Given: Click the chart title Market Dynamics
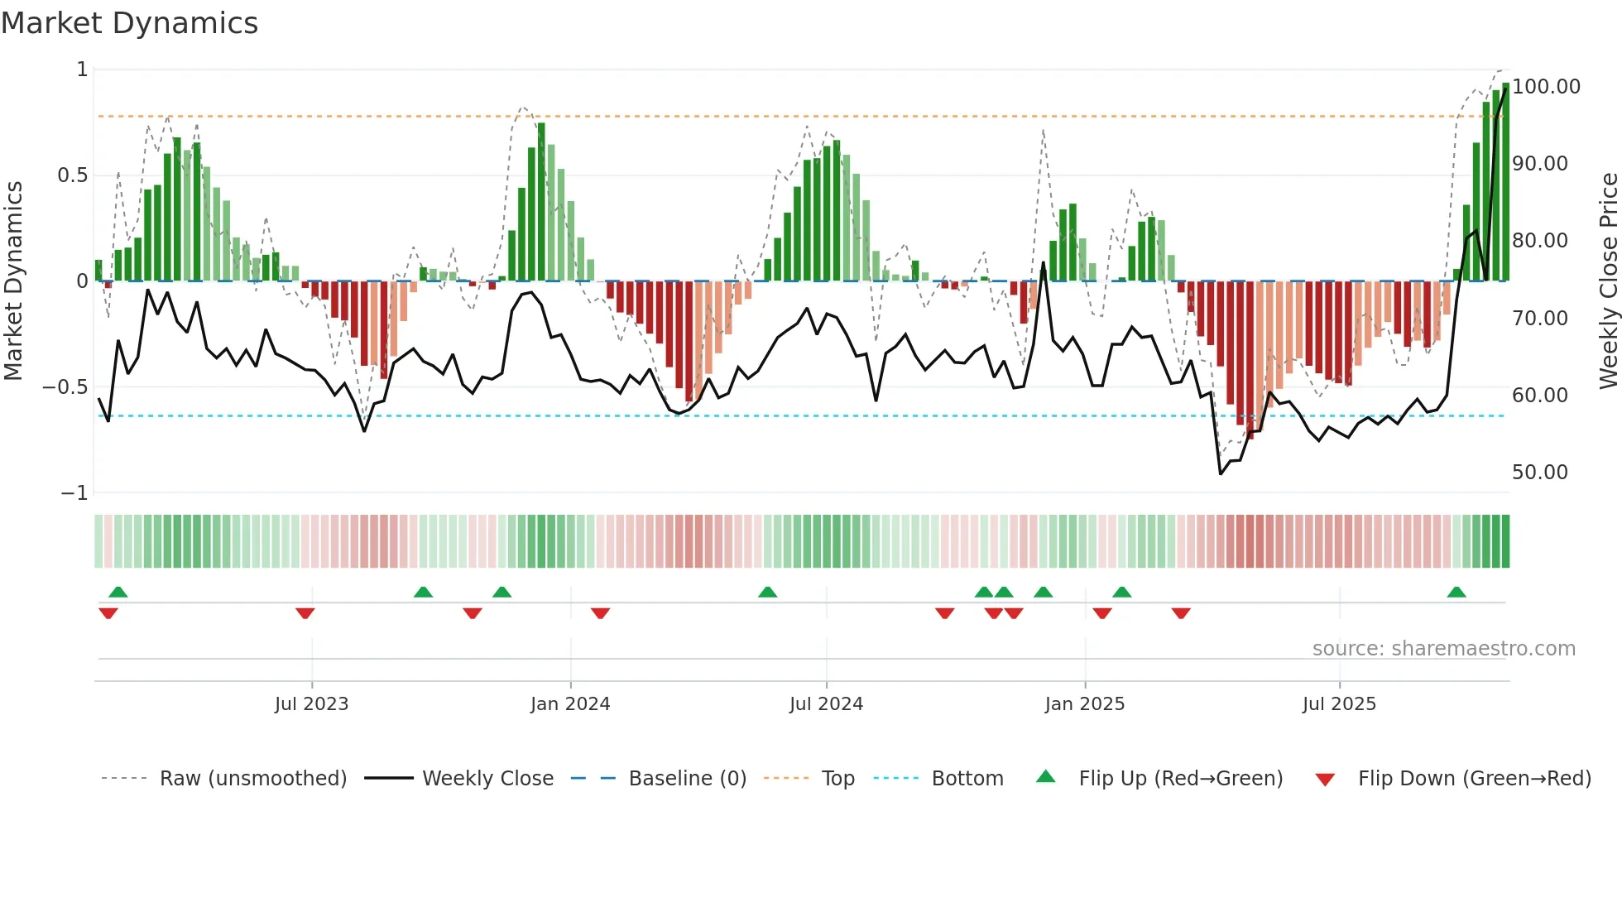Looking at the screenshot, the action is click(130, 23).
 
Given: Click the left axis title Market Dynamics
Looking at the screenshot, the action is click(13, 281).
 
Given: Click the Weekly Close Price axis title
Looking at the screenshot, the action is click(1607, 281).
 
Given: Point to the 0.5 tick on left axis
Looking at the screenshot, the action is click(73, 175).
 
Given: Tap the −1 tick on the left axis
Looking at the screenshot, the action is click(74, 493).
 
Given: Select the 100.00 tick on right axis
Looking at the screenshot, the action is click(1546, 87).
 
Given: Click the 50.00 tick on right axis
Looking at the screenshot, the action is click(1539, 473).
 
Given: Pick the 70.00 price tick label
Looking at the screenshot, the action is click(1539, 319).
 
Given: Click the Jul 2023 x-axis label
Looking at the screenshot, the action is click(311, 704).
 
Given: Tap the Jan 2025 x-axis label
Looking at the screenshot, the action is click(1084, 704).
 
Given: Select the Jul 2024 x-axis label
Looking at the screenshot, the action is click(826, 704).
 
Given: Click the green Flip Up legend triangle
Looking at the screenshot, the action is click(1046, 777).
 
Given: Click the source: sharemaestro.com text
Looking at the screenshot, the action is click(1443, 649).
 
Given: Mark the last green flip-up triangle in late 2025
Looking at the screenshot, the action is click(1456, 593).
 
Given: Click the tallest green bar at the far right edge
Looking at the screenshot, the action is click(1505, 182).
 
